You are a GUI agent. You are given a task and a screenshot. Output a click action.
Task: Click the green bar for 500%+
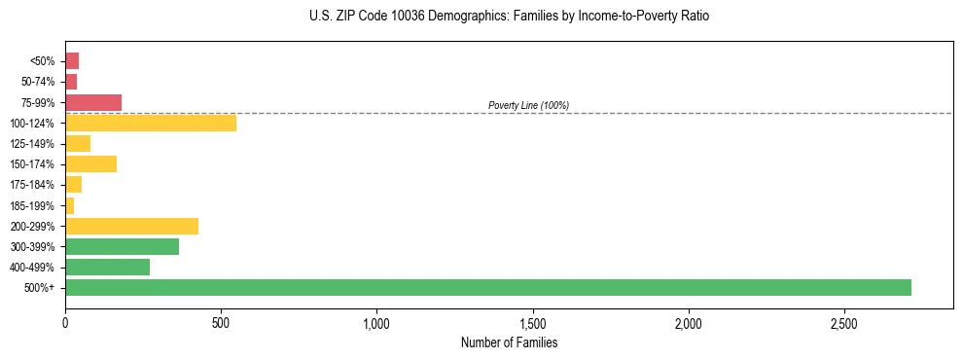(487, 287)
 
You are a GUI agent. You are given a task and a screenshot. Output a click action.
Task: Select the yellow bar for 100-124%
(151, 123)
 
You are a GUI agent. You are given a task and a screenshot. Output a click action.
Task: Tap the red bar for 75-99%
(93, 102)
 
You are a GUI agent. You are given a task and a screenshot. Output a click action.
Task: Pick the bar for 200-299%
(131, 226)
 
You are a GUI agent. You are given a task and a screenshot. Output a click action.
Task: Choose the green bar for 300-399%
(122, 246)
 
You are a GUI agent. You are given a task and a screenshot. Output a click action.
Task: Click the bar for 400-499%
(107, 267)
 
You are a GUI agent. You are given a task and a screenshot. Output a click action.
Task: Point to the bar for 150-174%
(90, 163)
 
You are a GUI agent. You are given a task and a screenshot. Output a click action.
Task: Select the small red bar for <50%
(72, 61)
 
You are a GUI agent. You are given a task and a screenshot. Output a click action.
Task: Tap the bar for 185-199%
(70, 205)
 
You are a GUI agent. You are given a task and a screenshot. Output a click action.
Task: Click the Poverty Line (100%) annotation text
(528, 105)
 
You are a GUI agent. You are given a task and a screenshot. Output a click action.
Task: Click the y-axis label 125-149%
(32, 144)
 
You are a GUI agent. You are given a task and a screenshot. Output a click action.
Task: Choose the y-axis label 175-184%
(32, 185)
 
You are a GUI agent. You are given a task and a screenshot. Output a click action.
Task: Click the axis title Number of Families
(509, 342)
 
